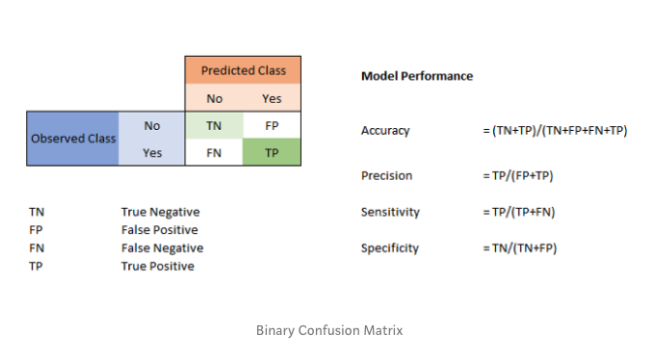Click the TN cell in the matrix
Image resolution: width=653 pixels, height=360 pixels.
[214, 125]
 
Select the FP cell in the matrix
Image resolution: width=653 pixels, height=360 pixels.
[272, 125]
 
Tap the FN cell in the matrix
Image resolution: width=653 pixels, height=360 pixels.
[214, 152]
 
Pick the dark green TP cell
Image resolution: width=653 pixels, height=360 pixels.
[272, 152]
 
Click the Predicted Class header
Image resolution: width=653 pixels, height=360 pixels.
[244, 70]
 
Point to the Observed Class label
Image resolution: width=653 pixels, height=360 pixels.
[73, 139]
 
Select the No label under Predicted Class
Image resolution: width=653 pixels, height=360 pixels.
[215, 98]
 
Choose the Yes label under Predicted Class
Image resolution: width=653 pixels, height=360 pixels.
[272, 98]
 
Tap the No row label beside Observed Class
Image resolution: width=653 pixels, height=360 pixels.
[152, 126]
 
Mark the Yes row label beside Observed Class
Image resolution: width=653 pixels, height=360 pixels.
[152, 153]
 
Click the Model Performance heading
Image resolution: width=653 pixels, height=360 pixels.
[417, 76]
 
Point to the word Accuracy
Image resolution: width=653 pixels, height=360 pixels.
[385, 131]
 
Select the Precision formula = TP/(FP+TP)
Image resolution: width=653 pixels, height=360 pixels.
[518, 175]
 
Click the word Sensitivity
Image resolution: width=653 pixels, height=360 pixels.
[390, 212]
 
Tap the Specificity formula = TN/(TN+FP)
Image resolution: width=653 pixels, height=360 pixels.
[520, 248]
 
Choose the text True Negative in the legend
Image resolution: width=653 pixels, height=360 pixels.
[160, 212]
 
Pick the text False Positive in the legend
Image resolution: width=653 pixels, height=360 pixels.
[160, 230]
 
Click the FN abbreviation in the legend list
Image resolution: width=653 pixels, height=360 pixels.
[37, 248]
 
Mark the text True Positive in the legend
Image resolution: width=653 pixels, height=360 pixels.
[157, 266]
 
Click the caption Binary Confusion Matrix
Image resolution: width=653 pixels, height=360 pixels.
[329, 330]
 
